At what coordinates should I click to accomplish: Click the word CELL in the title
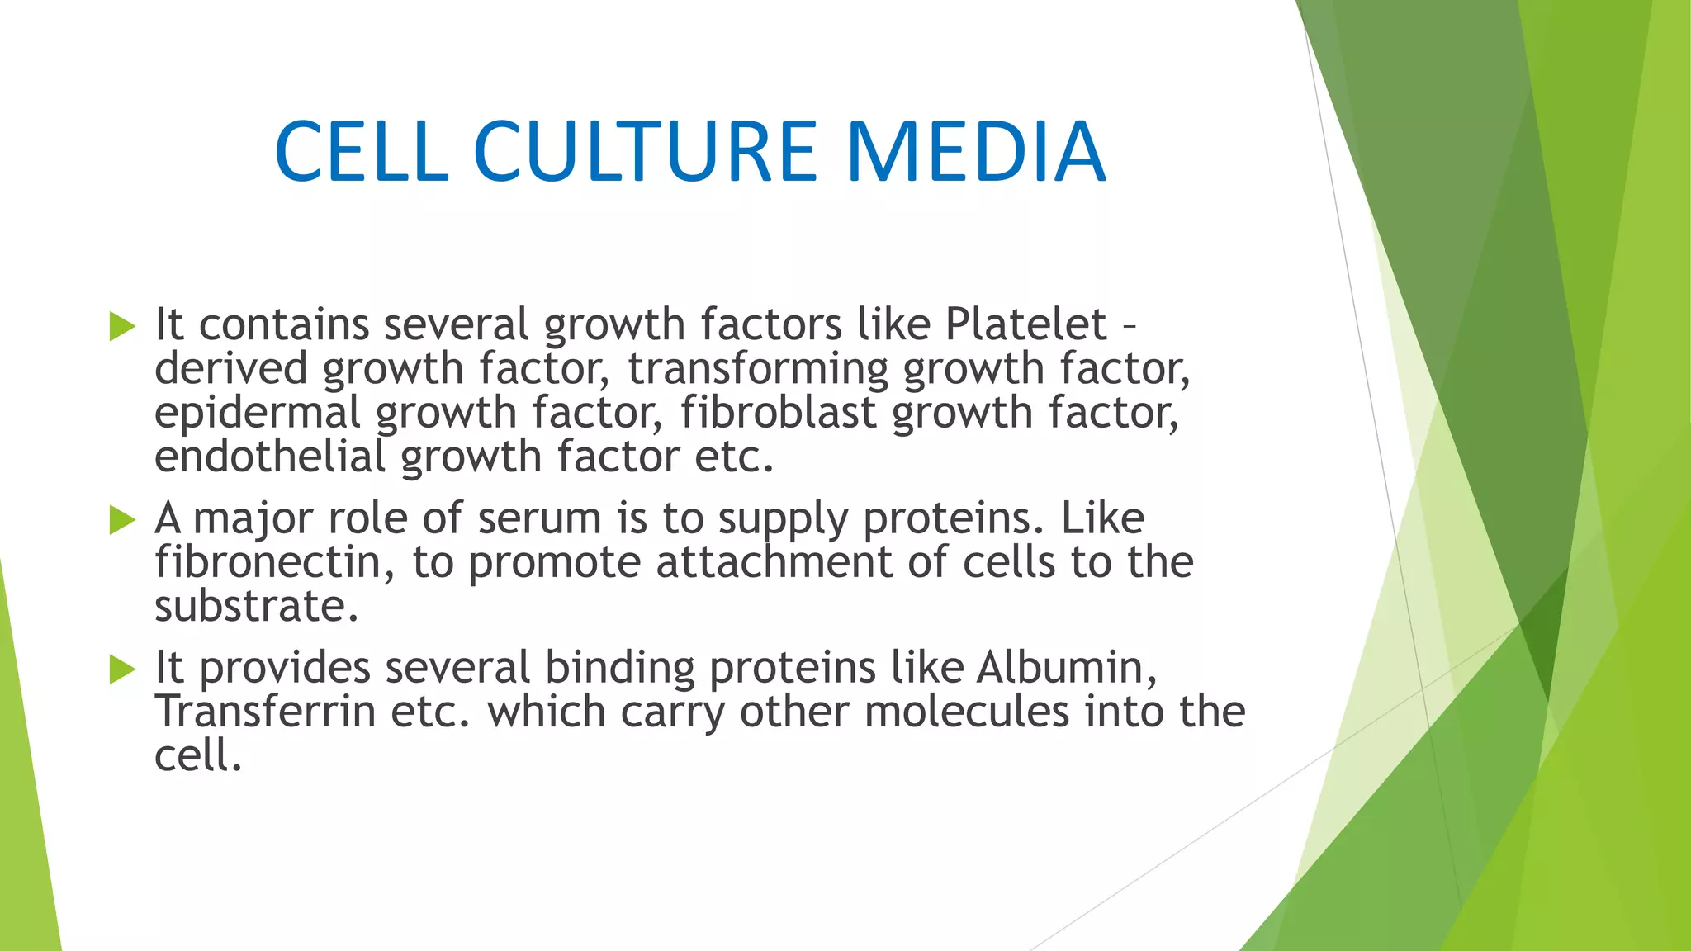point(361,152)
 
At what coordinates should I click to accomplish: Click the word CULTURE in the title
point(645,152)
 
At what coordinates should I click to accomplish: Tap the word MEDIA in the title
point(975,152)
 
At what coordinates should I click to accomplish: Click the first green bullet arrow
point(122,326)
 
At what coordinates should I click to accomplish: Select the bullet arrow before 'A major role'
point(122,520)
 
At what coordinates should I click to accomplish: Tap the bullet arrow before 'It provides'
point(122,669)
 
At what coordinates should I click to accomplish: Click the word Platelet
point(1025,324)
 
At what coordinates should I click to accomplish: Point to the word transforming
point(757,369)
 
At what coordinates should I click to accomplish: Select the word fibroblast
point(778,413)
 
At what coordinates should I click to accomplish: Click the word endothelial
point(270,457)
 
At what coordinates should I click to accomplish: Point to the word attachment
point(774,563)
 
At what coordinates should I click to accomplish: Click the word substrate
point(256,607)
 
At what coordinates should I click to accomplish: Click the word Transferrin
point(265,712)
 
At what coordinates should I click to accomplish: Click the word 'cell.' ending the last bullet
point(198,755)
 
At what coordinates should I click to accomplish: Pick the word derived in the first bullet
point(231,369)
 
